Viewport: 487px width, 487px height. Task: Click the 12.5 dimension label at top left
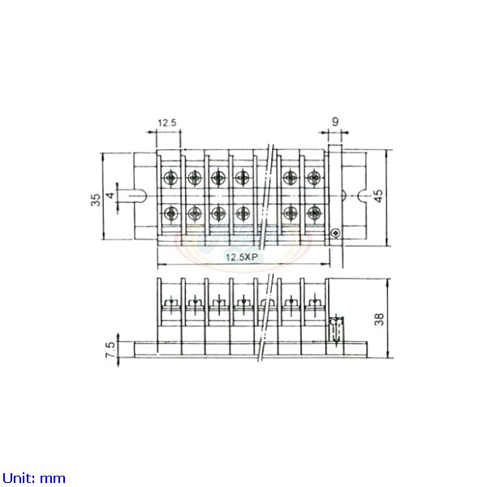pos(167,123)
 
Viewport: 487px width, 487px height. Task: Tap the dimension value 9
pos(334,122)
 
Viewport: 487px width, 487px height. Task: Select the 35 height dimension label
pos(96,200)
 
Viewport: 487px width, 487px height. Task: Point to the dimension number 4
pos(111,196)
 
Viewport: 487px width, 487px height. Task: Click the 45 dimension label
pos(379,196)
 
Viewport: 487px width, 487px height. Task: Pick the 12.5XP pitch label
pos(241,256)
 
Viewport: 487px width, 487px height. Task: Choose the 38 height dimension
pos(379,319)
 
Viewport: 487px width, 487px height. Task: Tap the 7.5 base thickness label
pos(111,350)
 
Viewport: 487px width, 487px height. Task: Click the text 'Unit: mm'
pos(34,478)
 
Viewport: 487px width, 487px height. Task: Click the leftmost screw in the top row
pos(170,177)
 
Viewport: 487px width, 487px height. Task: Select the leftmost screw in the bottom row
pos(170,213)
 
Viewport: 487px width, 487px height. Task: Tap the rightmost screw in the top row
pos(314,177)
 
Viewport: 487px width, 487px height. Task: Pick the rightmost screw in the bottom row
pos(314,213)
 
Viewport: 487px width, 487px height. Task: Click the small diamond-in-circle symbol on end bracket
pos(335,233)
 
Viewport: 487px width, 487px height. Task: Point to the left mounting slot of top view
pos(137,196)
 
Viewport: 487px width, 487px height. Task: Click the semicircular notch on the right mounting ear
pos(362,196)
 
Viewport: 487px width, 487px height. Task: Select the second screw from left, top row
pos(195,177)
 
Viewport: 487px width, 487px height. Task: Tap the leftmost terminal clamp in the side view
pos(170,303)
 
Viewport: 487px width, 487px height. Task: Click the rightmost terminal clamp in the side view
pos(314,303)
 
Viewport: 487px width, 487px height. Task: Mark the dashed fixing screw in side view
pos(337,331)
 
